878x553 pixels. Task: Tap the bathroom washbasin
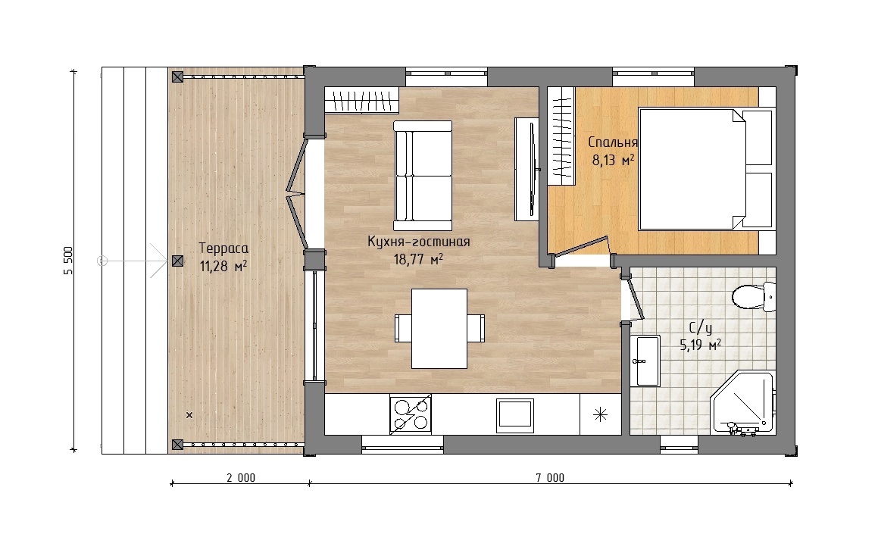pyautogui.click(x=645, y=361)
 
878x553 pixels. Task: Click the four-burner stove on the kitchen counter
pyautogui.click(x=411, y=414)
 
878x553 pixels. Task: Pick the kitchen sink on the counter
pyautogui.click(x=514, y=415)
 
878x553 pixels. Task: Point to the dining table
pyautogui.click(x=439, y=329)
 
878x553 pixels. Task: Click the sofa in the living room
pyautogui.click(x=423, y=176)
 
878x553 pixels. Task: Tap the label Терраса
pyautogui.click(x=223, y=248)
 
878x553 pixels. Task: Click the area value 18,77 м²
pyautogui.click(x=417, y=259)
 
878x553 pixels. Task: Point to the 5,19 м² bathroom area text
pyautogui.click(x=700, y=345)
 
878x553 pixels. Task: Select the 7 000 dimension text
pyautogui.click(x=550, y=477)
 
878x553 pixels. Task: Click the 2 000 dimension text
pyautogui.click(x=241, y=477)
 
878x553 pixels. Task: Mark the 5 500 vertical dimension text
pyautogui.click(x=68, y=261)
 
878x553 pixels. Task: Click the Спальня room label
pyautogui.click(x=613, y=142)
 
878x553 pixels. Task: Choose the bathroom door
pyautogui.click(x=636, y=299)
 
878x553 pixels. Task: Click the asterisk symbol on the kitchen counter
pyautogui.click(x=600, y=415)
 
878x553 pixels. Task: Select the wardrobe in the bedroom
pyautogui.click(x=561, y=136)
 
